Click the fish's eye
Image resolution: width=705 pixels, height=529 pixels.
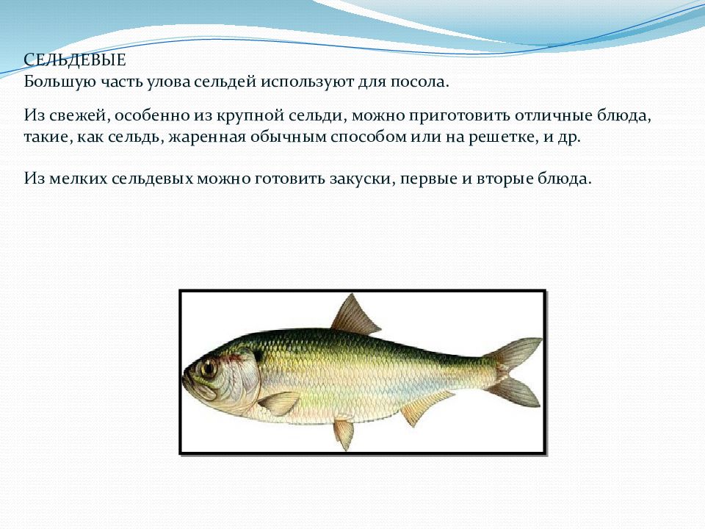tap(209, 367)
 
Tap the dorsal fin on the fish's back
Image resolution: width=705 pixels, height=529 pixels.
tap(355, 316)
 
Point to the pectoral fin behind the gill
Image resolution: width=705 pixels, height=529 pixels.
tap(279, 403)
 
